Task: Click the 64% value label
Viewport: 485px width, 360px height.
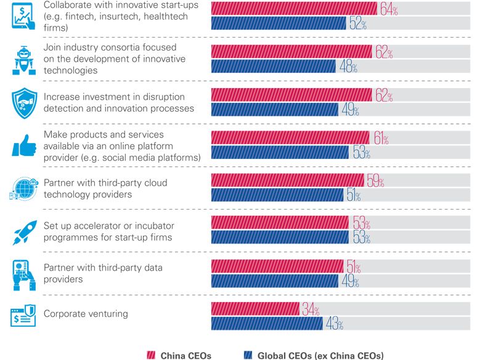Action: pyautogui.click(x=388, y=10)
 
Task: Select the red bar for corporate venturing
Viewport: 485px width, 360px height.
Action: pyautogui.click(x=255, y=309)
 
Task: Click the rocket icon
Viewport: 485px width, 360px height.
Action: pyautogui.click(x=25, y=232)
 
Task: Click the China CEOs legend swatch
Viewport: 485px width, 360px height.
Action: pyautogui.click(x=150, y=355)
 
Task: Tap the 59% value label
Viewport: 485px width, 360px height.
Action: pyautogui.click(x=375, y=182)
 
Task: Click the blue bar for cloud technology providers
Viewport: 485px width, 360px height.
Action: pyautogui.click(x=277, y=195)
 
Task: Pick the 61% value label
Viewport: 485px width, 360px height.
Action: pyautogui.click(x=380, y=139)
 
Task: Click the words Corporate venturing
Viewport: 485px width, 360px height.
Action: pyautogui.click(x=86, y=314)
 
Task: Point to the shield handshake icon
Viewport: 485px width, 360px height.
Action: pyautogui.click(x=25, y=102)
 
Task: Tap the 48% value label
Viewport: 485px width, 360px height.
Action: pyautogui.click(x=348, y=67)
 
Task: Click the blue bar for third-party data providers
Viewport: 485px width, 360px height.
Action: pyautogui.click(x=275, y=281)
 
